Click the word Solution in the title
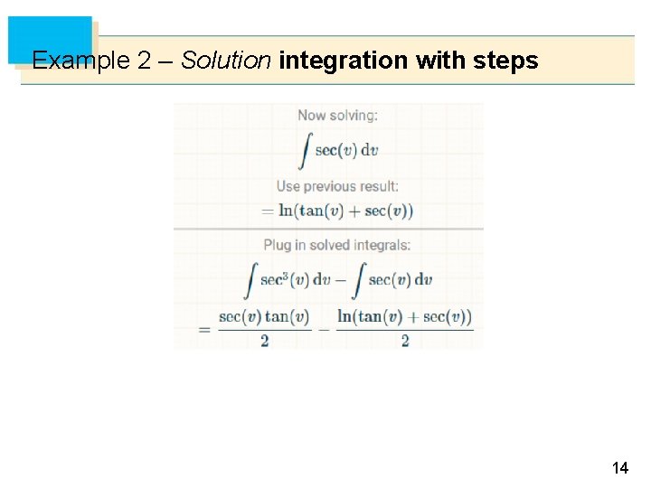tap(226, 61)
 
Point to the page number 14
tap(620, 468)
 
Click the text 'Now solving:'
tap(338, 116)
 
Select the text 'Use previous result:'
tap(337, 186)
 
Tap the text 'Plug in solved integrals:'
tap(337, 245)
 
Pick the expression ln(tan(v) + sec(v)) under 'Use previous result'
tap(345, 211)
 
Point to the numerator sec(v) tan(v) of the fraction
tap(264, 317)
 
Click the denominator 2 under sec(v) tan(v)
tap(264, 341)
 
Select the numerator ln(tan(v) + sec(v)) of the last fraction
tap(404, 317)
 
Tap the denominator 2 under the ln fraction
tap(404, 341)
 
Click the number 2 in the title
tap(144, 61)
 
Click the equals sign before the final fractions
tap(204, 329)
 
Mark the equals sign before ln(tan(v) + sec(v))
tap(268, 211)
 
